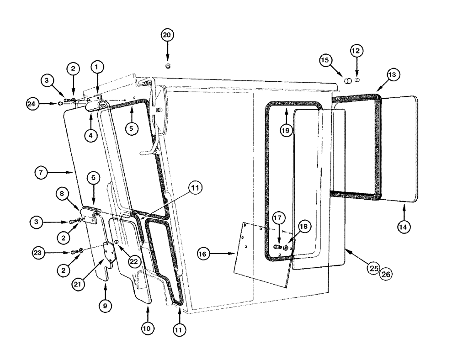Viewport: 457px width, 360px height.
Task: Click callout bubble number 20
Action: point(168,35)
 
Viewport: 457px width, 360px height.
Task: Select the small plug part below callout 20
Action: point(168,67)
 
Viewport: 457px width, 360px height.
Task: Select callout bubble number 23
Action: point(39,252)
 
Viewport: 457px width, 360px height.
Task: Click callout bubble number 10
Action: point(148,328)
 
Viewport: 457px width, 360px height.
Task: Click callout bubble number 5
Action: point(131,129)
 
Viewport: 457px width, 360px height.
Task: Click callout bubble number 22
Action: point(133,261)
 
